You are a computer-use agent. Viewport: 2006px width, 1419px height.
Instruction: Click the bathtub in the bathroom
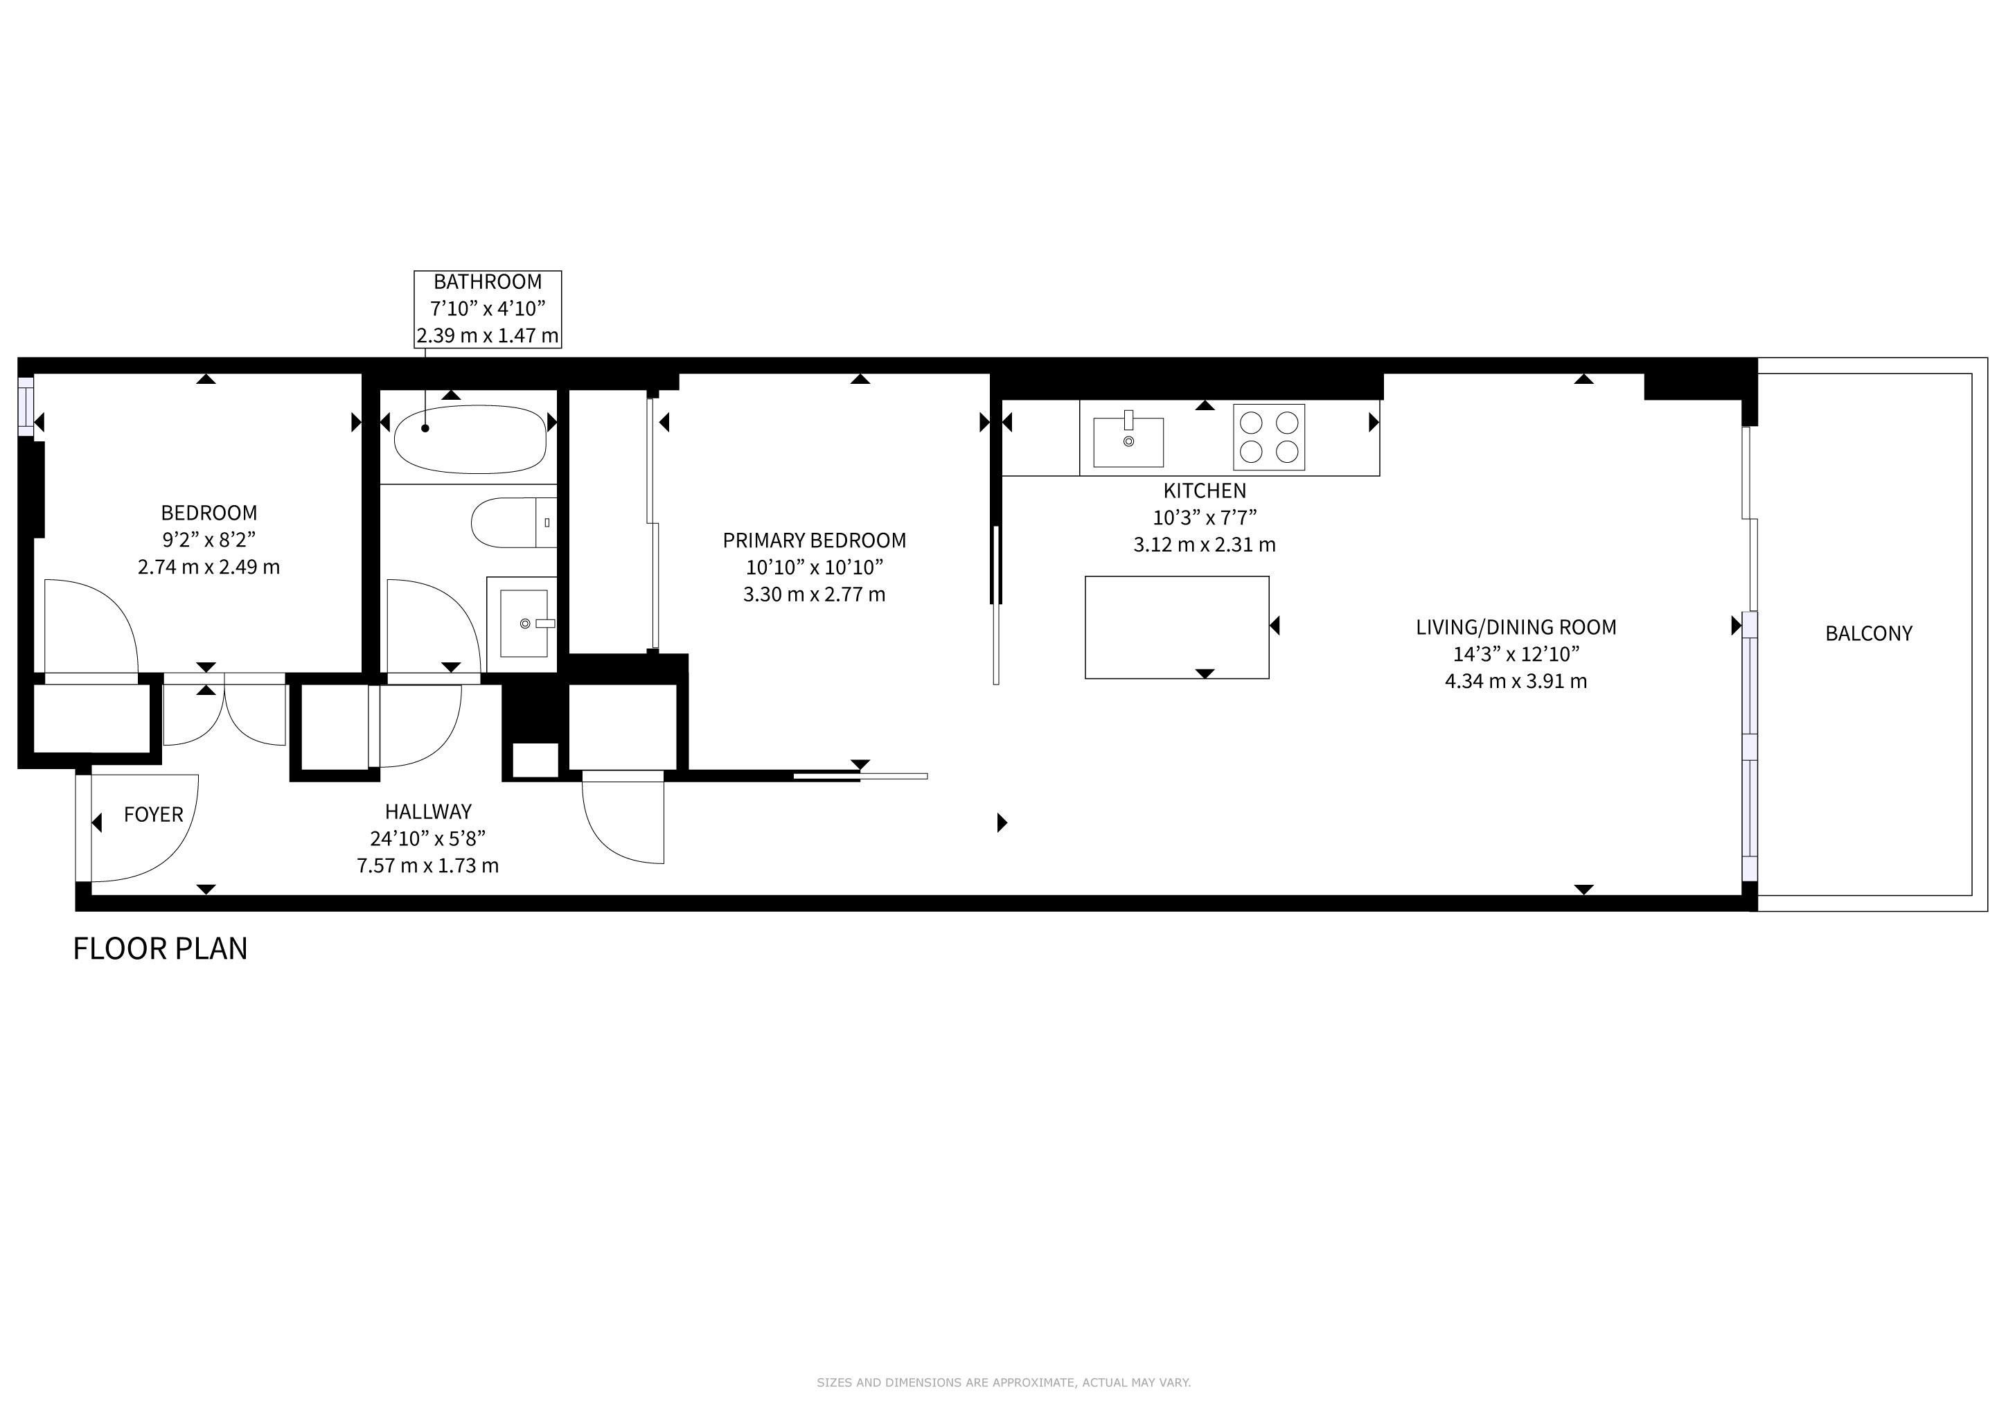(470, 439)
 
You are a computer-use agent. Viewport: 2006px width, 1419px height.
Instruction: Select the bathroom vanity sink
(522, 624)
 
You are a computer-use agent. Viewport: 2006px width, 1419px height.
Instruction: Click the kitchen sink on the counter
(1128, 441)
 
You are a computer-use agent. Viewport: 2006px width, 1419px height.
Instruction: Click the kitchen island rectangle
(1177, 626)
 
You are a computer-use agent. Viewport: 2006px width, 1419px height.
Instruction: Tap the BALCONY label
(1869, 633)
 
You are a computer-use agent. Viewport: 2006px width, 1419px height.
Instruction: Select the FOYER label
(154, 814)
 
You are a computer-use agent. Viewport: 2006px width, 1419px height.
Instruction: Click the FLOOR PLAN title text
(160, 949)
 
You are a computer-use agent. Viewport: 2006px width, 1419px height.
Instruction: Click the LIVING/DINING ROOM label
(1516, 627)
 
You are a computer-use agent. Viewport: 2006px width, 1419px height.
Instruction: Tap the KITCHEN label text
(1205, 491)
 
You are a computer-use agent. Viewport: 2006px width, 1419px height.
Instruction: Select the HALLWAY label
(428, 812)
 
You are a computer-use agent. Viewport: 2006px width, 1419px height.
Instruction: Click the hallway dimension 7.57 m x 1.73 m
(428, 866)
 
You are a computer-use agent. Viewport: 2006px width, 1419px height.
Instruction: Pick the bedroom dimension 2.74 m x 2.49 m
(208, 567)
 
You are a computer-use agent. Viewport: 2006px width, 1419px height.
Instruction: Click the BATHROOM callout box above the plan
(488, 309)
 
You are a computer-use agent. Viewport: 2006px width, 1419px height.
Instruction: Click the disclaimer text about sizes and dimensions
(1003, 1382)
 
